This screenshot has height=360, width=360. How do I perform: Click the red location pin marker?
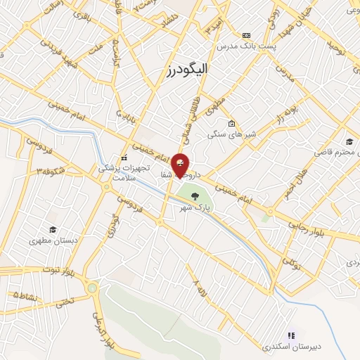tap(180, 165)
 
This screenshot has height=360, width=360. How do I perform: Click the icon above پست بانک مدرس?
tap(246, 35)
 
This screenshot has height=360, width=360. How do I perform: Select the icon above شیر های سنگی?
tap(231, 123)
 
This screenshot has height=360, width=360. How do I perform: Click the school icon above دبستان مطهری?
tap(52, 229)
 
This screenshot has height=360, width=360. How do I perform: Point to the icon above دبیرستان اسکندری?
tap(291, 335)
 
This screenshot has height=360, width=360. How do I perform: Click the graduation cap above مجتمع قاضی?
tap(349, 141)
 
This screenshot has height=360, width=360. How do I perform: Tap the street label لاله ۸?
tap(200, 287)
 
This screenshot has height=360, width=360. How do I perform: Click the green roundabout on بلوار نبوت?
tap(92, 287)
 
